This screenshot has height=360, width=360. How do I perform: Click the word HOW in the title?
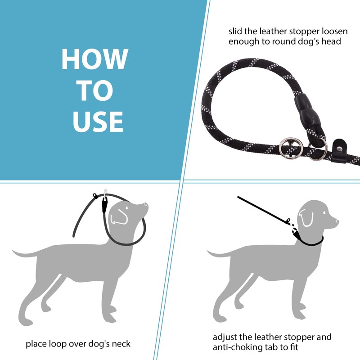[94, 58]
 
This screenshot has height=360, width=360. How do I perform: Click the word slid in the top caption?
[236, 32]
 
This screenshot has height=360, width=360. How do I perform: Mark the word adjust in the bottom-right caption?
[225, 337]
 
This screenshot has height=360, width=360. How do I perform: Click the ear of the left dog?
[118, 216]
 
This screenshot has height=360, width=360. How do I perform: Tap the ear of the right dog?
[307, 218]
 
